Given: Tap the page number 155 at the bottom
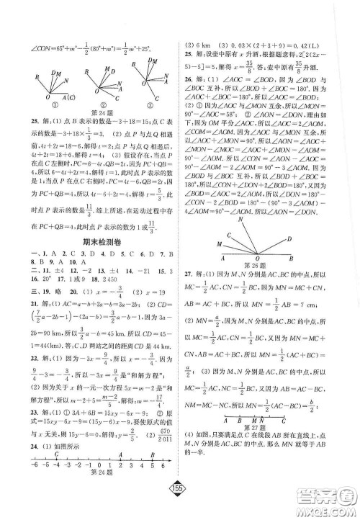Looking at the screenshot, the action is pos(181,500).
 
